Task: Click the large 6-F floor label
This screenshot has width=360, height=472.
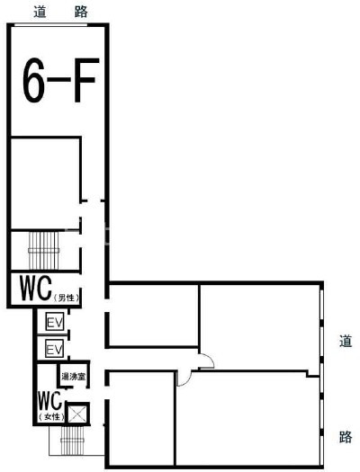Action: point(61,80)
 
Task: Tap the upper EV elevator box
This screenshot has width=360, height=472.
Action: point(55,322)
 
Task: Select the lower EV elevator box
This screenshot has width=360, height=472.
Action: point(55,349)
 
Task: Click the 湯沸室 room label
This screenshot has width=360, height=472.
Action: point(73,377)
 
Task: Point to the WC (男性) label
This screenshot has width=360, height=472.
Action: point(49,289)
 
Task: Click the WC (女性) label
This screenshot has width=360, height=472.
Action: point(51,406)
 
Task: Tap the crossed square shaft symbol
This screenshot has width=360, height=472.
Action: point(77,414)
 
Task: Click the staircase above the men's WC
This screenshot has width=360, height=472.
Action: point(44,250)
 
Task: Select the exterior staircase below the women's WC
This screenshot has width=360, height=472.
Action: point(72,441)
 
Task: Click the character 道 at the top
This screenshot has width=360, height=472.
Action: point(40,12)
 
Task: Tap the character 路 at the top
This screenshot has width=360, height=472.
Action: point(81,12)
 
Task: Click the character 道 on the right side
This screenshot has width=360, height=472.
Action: point(346,341)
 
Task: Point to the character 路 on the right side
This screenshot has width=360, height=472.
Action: point(346,436)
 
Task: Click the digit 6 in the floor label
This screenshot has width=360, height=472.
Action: point(32,80)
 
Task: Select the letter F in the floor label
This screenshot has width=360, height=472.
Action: point(86,80)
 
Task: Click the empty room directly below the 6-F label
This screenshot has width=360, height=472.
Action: point(46,183)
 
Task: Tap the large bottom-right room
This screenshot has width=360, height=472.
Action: point(247,418)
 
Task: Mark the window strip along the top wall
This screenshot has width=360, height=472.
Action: point(51,25)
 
